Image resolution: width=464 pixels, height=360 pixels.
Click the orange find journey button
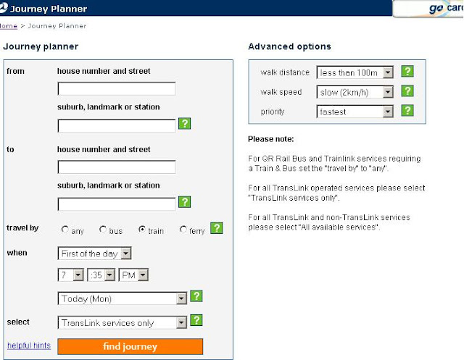click(130, 346)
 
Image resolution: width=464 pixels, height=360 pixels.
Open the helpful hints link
click(29, 346)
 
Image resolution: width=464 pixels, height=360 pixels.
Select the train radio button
click(142, 230)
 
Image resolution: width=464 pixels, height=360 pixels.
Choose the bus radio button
click(103, 230)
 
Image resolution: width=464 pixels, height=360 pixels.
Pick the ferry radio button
click(183, 230)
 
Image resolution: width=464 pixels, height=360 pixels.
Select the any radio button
click(65, 230)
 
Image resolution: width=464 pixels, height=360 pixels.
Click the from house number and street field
click(117, 88)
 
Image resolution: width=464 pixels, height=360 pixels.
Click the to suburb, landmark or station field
click(117, 204)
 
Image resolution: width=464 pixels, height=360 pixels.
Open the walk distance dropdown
click(355, 72)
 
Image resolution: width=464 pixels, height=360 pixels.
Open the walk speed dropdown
click(355, 92)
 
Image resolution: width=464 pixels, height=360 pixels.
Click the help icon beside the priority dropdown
click(407, 111)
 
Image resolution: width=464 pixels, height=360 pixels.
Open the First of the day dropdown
click(95, 254)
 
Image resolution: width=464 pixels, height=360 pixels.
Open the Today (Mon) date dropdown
click(123, 298)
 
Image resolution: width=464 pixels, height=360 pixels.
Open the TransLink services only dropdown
click(123, 322)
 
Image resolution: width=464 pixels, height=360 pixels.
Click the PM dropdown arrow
click(143, 275)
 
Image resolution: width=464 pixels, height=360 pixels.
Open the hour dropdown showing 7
click(71, 275)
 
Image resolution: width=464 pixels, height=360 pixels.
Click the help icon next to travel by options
click(217, 228)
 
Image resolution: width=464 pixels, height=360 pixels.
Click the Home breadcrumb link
click(9, 26)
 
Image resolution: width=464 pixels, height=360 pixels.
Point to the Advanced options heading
click(289, 46)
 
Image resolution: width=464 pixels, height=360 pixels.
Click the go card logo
click(444, 8)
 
